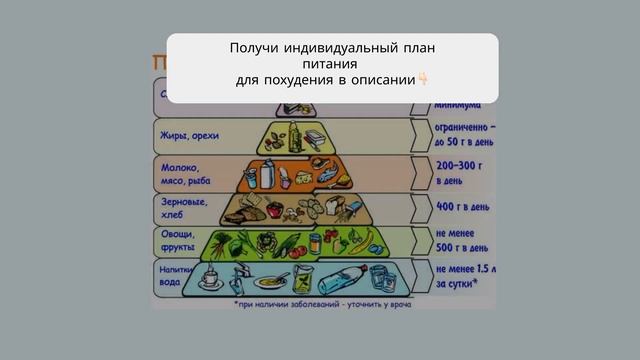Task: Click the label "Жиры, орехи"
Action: [189, 135]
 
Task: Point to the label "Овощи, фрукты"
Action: [178, 241]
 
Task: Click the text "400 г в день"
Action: [462, 207]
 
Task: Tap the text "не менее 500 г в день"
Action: [462, 240]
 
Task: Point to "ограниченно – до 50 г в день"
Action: [465, 135]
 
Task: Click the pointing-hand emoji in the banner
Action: [423, 78]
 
